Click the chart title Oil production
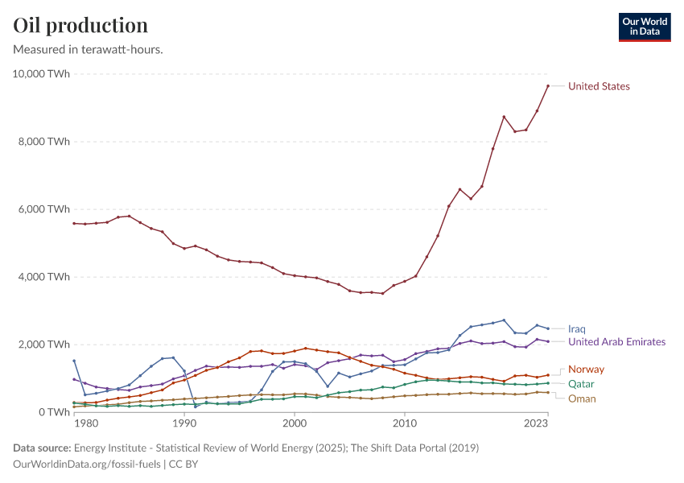pos(80,25)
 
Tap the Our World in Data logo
pos(644,27)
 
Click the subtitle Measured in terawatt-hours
pos(89,49)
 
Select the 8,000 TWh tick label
pos(45,142)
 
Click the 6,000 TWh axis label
pos(45,209)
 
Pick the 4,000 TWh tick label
pos(45,277)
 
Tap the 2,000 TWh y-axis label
pos(45,345)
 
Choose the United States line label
pos(599,86)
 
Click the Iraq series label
pos(576,329)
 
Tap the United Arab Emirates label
pos(616,342)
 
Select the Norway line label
pos(586,369)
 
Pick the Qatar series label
pos(581,384)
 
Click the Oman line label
pos(582,398)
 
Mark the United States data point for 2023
pos(548,86)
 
